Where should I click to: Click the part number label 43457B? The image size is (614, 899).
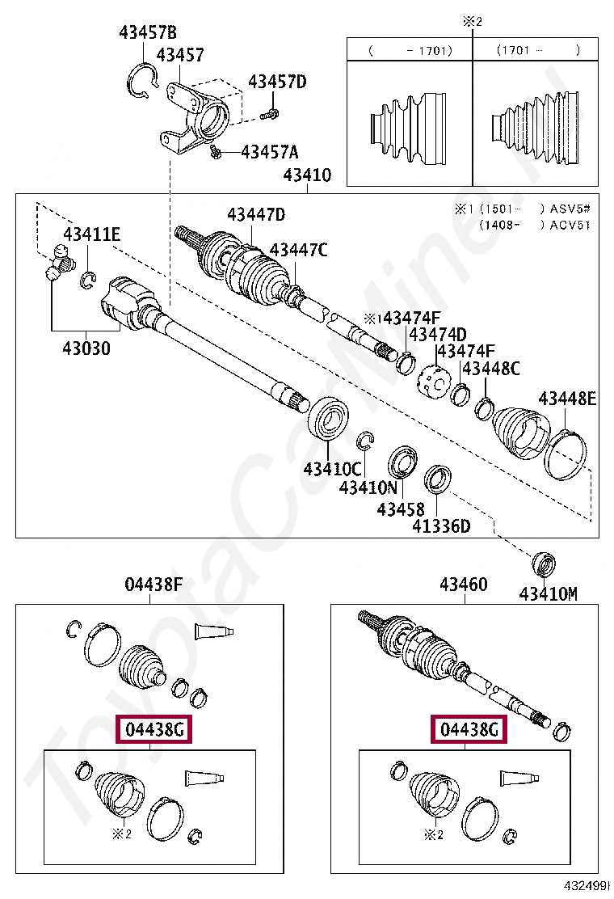147,33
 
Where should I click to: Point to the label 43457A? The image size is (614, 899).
270,151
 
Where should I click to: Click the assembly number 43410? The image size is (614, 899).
307,175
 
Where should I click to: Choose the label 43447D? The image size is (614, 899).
255,214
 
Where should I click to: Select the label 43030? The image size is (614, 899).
86,349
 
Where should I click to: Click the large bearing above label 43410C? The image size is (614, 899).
329,419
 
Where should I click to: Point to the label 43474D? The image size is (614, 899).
437,334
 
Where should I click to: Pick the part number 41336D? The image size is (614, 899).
440,526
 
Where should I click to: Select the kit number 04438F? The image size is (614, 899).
153,584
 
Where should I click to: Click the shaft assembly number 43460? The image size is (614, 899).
463,584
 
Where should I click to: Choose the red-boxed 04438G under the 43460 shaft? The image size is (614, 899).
469,730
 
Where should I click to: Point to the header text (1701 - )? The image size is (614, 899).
537,50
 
